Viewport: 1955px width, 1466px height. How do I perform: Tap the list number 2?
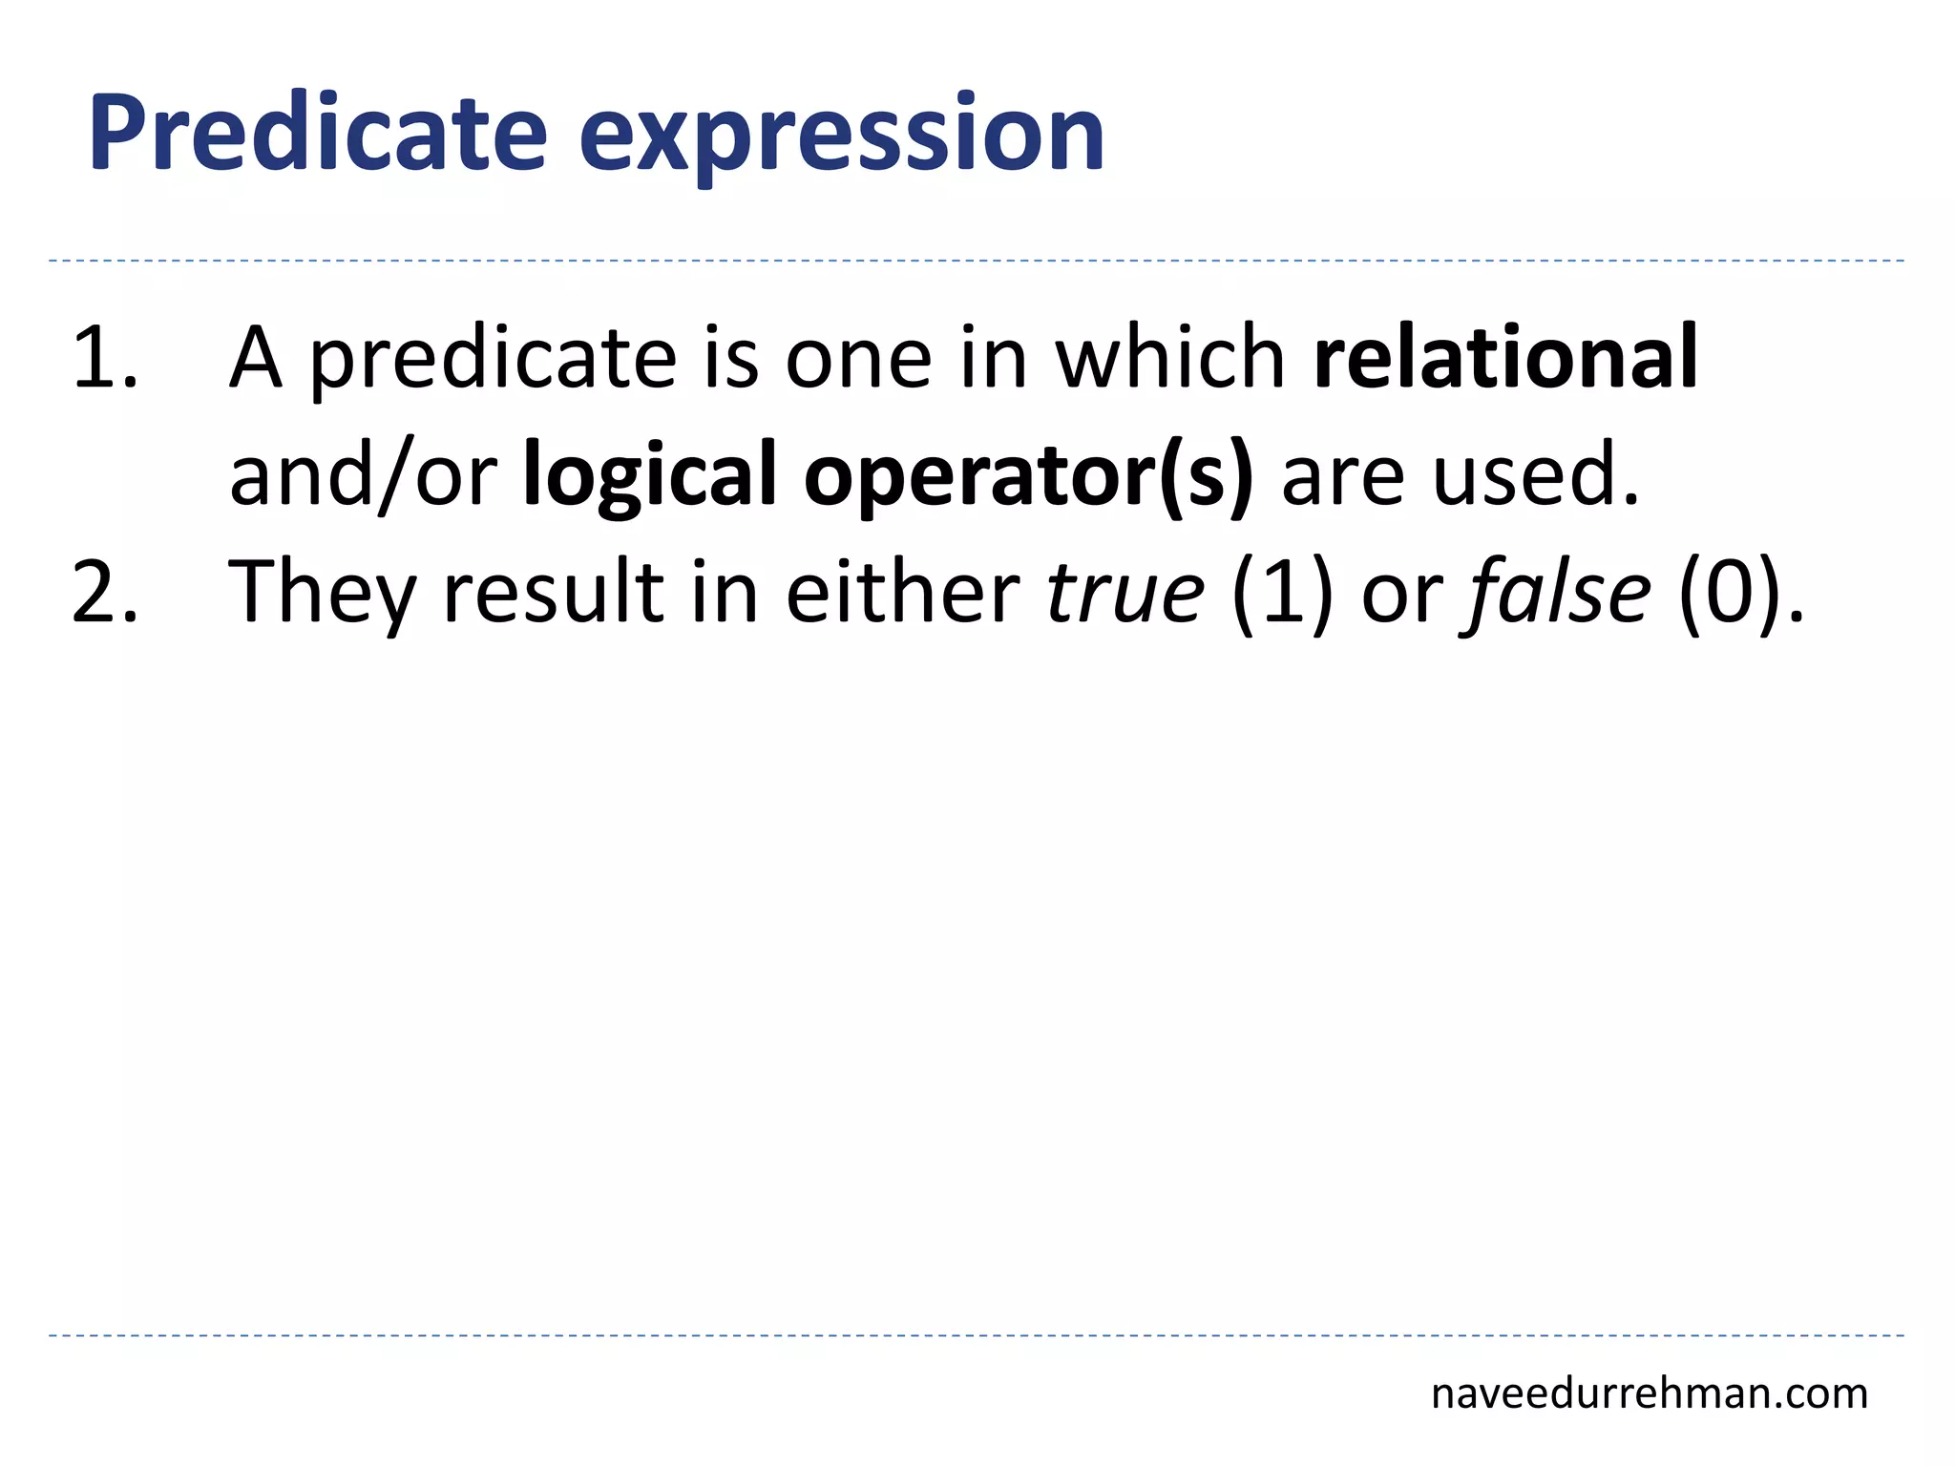(x=103, y=592)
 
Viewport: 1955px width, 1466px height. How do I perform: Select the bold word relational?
(x=1505, y=358)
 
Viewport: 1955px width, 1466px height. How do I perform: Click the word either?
(x=902, y=592)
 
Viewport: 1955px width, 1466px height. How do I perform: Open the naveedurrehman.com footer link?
(x=1649, y=1394)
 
